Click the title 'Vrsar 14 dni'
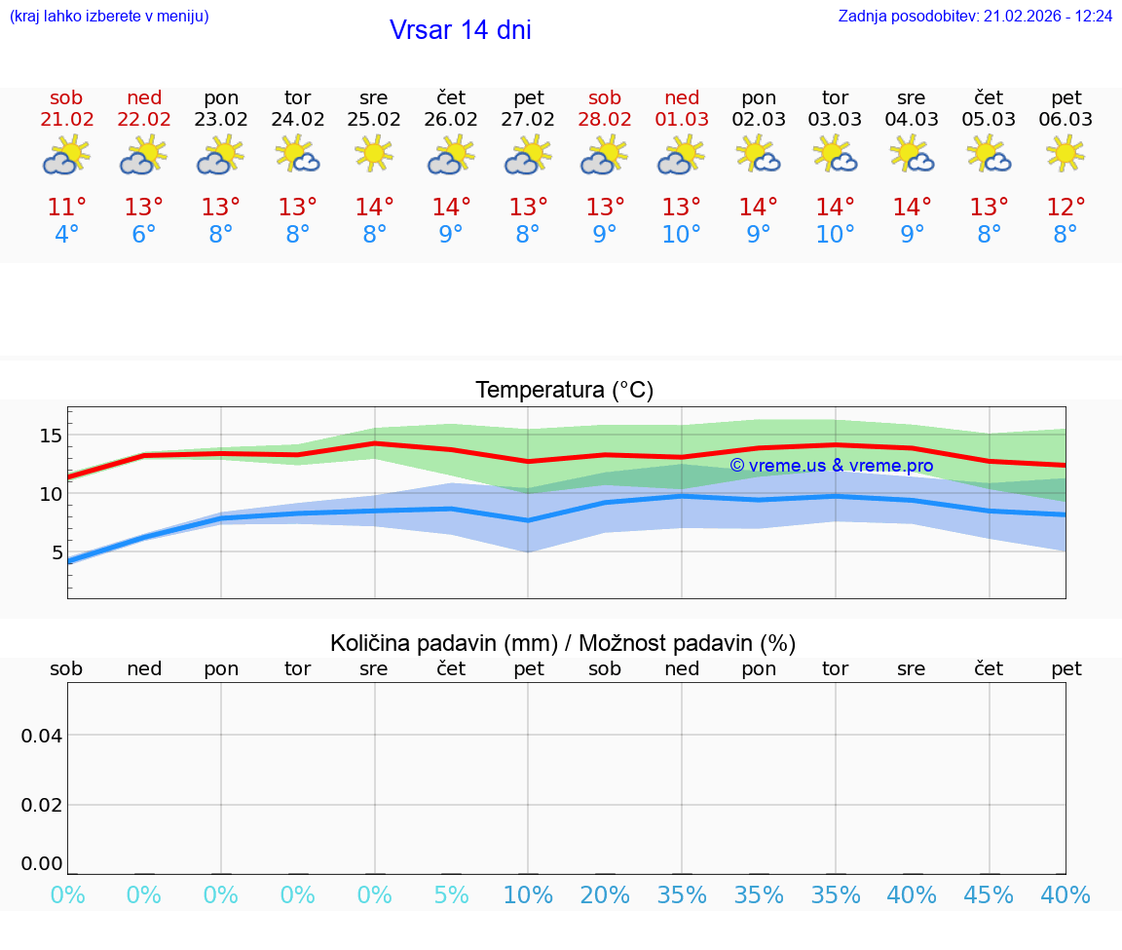[x=460, y=30]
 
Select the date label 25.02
[x=374, y=120]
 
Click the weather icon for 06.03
[x=1066, y=154]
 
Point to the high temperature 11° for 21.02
[x=67, y=208]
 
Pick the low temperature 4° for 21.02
[x=67, y=236]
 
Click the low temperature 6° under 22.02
[x=144, y=236]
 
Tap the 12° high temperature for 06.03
[x=1066, y=208]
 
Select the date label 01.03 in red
[x=682, y=120]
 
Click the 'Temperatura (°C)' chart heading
[x=564, y=391]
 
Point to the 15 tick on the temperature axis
[x=51, y=435]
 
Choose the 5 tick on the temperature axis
[x=56, y=552]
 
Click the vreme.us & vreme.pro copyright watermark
[x=831, y=466]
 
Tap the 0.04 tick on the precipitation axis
[x=42, y=736]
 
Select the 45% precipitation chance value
[x=989, y=895]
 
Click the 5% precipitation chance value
[x=451, y=895]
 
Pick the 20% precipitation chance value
[x=605, y=895]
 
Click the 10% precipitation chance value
[x=528, y=895]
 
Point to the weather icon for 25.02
[x=374, y=154]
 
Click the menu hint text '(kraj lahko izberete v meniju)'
[x=109, y=17]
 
